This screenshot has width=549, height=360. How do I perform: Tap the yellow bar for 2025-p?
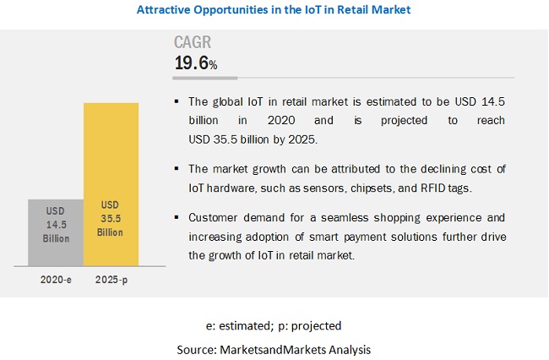point(111,186)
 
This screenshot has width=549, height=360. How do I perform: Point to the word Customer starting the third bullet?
point(215,217)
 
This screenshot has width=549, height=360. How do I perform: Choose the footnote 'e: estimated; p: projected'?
point(274,325)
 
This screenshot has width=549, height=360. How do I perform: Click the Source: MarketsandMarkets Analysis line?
point(274,347)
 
